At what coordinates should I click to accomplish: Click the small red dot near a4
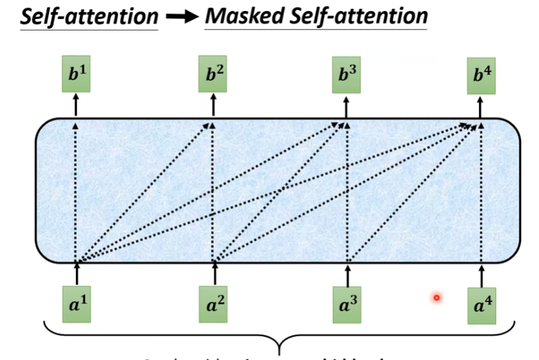point(437,298)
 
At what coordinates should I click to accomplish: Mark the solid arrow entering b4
point(481,107)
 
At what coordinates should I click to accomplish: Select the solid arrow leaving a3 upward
point(347,274)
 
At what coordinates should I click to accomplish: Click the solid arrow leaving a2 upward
point(214,274)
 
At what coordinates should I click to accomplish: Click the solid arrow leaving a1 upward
point(77,274)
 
